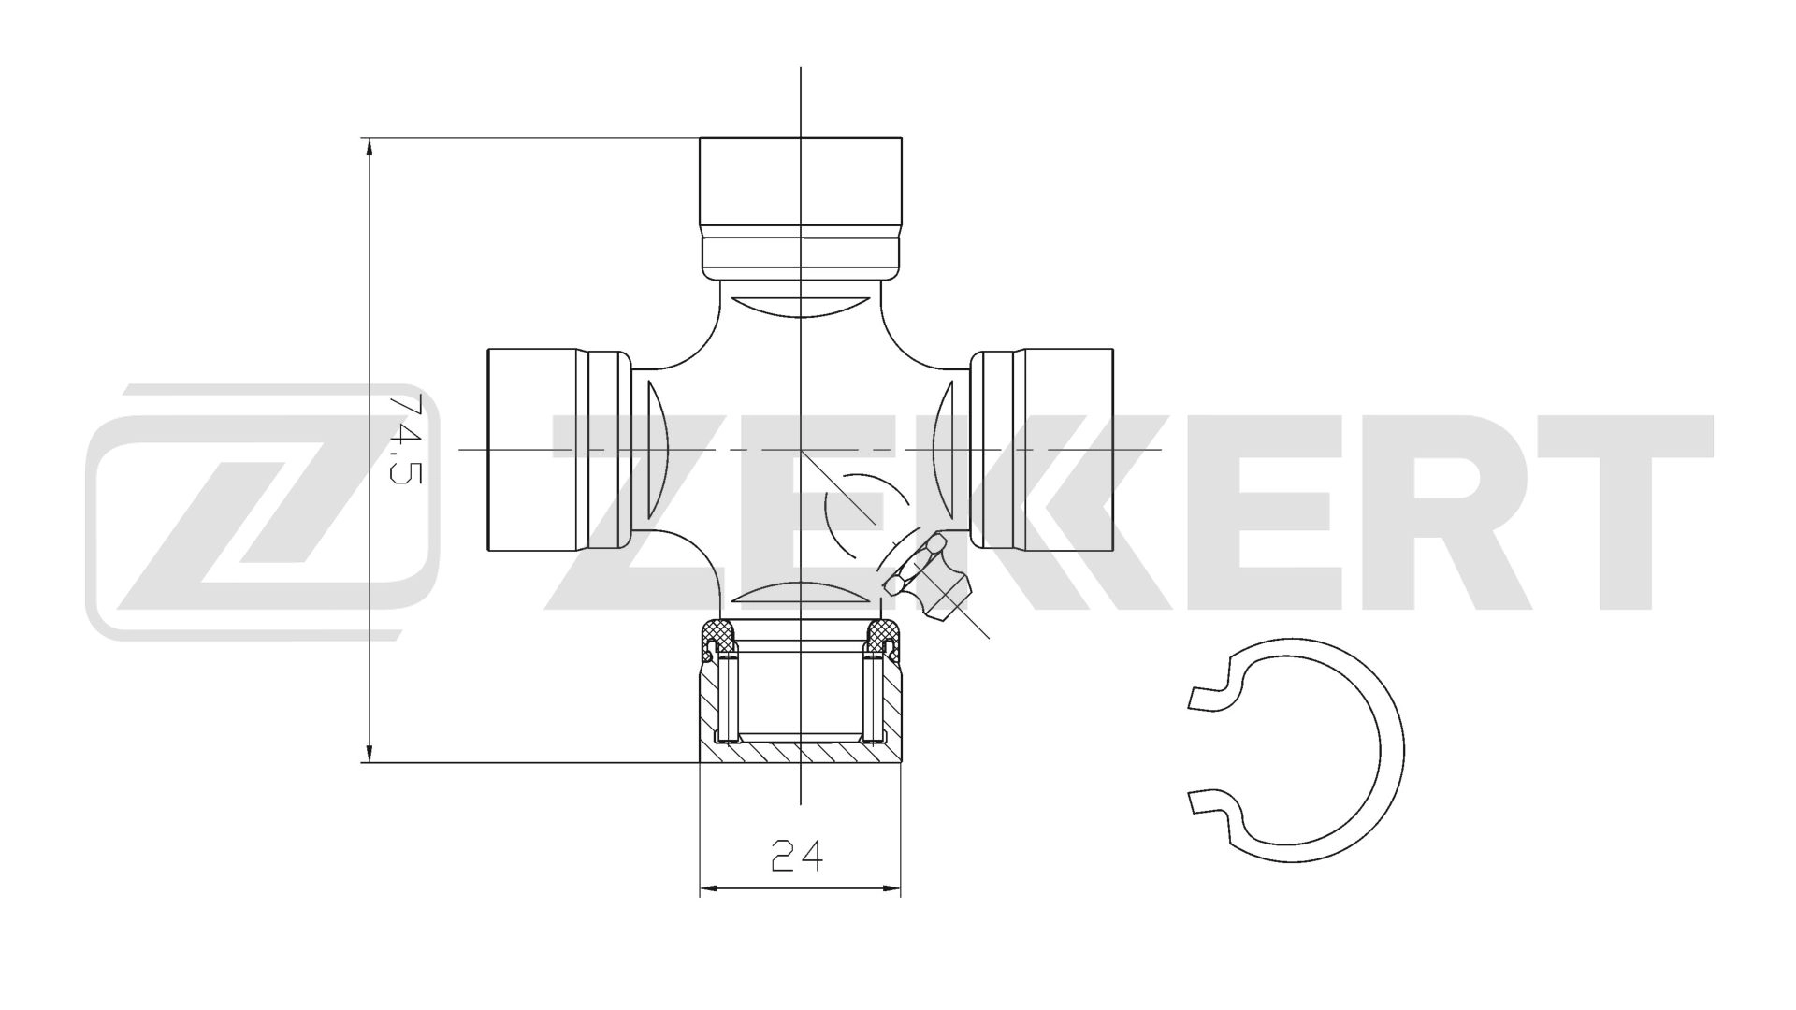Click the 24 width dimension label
point(799,855)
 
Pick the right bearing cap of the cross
point(1042,449)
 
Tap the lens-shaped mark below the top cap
point(802,307)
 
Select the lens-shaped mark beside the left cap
point(659,449)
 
